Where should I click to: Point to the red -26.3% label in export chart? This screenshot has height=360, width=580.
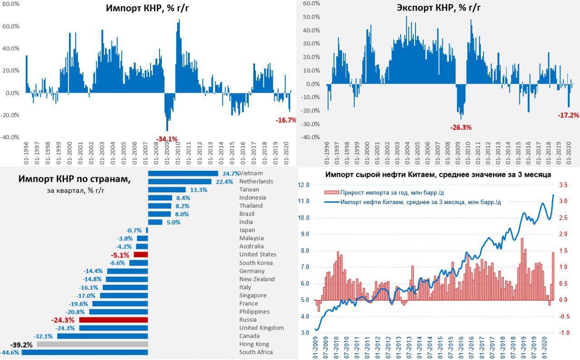tap(461, 127)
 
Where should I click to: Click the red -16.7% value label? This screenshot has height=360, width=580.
tap(286, 120)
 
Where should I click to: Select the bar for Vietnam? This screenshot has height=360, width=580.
tap(183, 173)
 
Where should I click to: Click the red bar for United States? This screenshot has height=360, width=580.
tap(141, 255)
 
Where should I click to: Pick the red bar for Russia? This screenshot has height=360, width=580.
tap(114, 320)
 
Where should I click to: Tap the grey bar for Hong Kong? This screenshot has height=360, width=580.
tap(92, 344)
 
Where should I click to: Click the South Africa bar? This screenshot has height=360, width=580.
tap(85, 352)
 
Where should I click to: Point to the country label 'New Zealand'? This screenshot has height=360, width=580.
tap(257, 279)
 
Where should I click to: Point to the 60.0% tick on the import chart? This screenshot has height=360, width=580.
tap(11, 26)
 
